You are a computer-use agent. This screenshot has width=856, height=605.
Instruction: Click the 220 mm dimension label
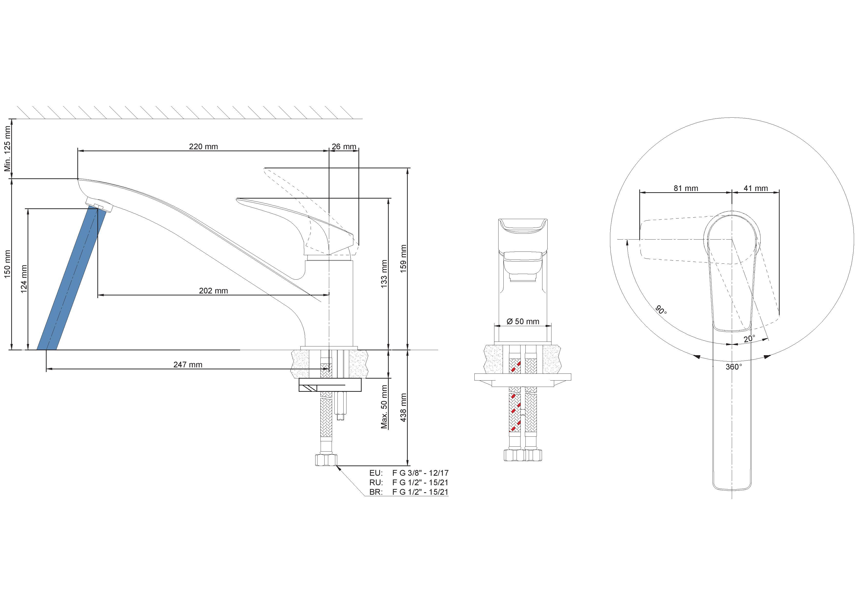point(203,147)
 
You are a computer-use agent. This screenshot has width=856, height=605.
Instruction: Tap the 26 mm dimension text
point(344,147)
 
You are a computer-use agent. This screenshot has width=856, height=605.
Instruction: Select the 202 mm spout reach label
point(213,291)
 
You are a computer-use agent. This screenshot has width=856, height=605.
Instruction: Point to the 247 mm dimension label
point(188,364)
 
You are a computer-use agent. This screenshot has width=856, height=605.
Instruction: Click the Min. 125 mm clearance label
point(8,148)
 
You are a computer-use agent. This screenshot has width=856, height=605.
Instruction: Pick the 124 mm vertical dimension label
point(24,279)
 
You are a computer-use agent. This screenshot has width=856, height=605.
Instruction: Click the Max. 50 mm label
point(384,407)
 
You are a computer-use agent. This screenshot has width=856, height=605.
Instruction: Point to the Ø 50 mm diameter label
point(523,321)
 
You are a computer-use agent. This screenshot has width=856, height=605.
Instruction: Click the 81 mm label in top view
point(686,188)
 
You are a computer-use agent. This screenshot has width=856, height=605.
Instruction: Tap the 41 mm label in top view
point(756,188)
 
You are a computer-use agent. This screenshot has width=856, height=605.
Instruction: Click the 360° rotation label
point(734,367)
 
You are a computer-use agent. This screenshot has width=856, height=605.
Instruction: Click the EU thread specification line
point(409,473)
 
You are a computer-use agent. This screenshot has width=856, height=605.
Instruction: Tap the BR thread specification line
point(409,492)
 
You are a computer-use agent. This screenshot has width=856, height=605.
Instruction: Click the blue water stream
point(68,279)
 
